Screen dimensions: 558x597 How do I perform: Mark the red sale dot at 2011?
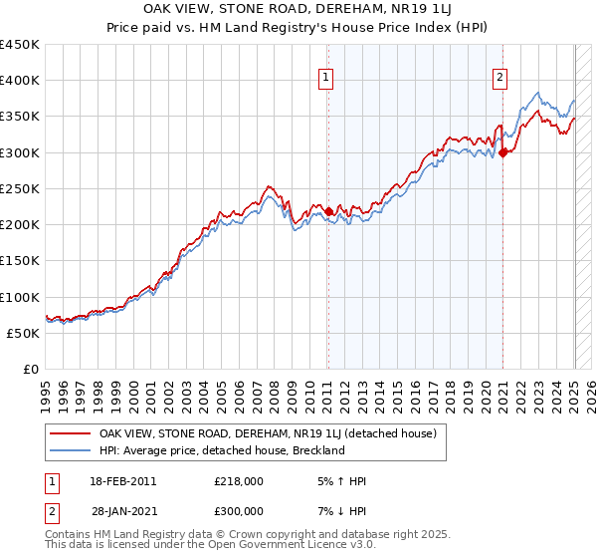(329, 211)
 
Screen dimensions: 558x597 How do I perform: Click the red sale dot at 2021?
(503, 152)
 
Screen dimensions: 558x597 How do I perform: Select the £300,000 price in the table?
(239, 511)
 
